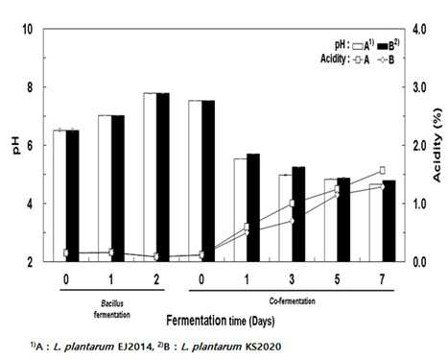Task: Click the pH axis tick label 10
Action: pyautogui.click(x=27, y=30)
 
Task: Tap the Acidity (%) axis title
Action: pyautogui.click(x=436, y=146)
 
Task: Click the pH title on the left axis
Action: pyautogui.click(x=16, y=145)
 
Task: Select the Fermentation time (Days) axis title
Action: pyautogui.click(x=221, y=320)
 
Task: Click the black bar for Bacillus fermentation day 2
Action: pyautogui.click(x=163, y=178)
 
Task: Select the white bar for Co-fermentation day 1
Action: pyautogui.click(x=240, y=210)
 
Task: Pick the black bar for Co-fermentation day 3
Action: pyautogui.click(x=298, y=214)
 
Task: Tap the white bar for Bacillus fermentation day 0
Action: pyautogui.click(x=59, y=196)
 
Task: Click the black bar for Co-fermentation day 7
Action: pyautogui.click(x=389, y=221)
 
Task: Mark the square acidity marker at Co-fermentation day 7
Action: pyautogui.click(x=382, y=170)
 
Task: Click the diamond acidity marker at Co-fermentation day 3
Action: pyautogui.click(x=292, y=221)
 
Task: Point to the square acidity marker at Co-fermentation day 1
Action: pyautogui.click(x=247, y=227)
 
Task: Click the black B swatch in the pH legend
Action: pyautogui.click(x=383, y=46)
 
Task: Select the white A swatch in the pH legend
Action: pyautogui.click(x=358, y=46)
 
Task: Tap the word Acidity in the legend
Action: pyautogui.click(x=333, y=59)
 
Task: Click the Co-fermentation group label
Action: pyautogui.click(x=292, y=300)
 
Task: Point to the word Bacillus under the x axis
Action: pyautogui.click(x=112, y=303)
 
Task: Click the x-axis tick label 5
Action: pyautogui.click(x=337, y=279)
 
